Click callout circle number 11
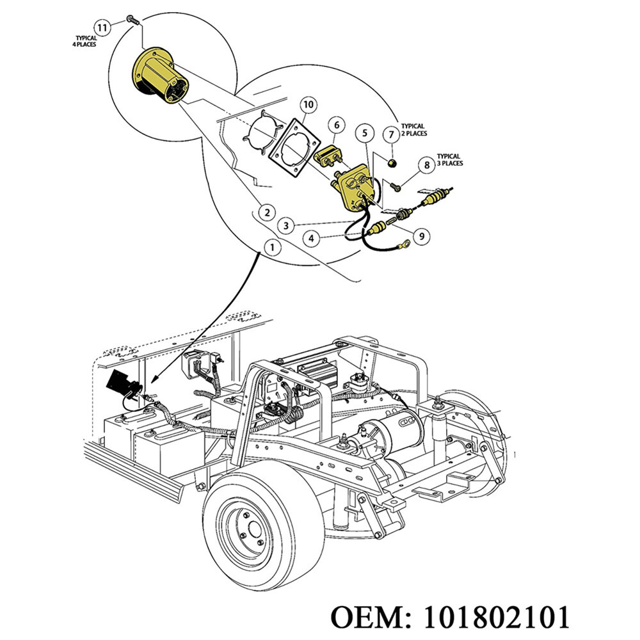point(102,27)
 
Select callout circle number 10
point(308,104)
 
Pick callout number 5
point(365,133)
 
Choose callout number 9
point(421,236)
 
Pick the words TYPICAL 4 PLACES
point(86,42)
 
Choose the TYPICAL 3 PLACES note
point(449,159)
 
